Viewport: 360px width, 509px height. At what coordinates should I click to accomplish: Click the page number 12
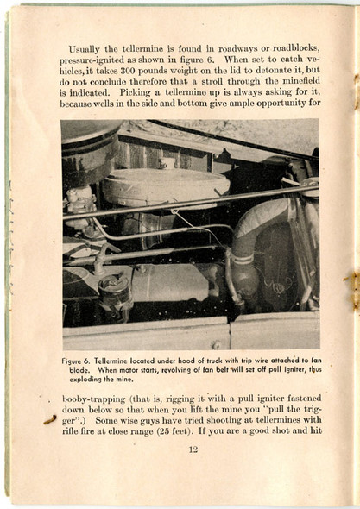click(x=193, y=449)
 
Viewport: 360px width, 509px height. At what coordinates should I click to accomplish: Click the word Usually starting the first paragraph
click(x=85, y=49)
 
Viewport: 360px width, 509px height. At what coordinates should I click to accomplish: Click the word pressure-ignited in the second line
click(x=92, y=60)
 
